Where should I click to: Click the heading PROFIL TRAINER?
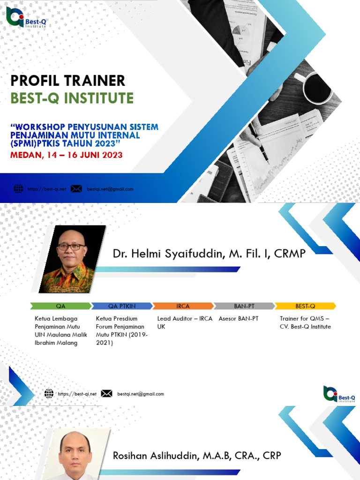tap(68, 81)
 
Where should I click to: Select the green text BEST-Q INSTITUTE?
tap(72, 98)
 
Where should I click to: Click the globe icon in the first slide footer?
tap(18, 189)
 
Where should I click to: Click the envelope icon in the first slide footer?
tap(76, 189)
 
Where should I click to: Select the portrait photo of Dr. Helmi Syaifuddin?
tap(72, 259)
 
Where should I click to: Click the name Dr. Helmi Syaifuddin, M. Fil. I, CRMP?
tap(209, 254)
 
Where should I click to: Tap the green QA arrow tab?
tap(61, 306)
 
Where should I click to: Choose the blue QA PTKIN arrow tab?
tap(122, 306)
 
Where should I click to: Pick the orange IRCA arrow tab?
tap(183, 306)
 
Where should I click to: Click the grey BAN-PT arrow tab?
tap(244, 306)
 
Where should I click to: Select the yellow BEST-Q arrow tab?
tap(305, 306)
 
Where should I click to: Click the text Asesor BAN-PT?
tap(239, 319)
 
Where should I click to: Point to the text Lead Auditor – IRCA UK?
tap(185, 322)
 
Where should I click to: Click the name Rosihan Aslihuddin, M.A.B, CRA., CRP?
tap(197, 456)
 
